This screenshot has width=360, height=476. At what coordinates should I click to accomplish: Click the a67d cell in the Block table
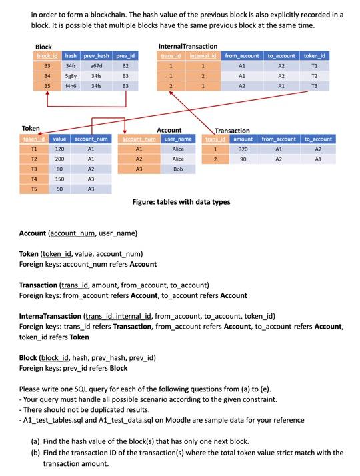96,67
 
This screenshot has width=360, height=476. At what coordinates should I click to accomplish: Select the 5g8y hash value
71,77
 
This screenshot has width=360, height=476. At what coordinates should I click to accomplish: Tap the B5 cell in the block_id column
47,86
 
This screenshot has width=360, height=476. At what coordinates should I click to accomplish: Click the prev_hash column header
96,56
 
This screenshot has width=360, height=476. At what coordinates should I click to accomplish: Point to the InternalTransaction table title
187,46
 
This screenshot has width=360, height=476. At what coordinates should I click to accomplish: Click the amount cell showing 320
243,149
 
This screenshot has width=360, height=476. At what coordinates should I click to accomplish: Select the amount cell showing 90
243,159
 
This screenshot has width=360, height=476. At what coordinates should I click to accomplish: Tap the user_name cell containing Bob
178,169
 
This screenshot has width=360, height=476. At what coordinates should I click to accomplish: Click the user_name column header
178,139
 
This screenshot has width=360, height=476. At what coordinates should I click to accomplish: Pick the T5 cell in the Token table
33,189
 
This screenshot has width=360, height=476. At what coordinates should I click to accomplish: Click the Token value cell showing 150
59,179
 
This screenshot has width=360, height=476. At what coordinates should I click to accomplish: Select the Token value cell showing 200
59,159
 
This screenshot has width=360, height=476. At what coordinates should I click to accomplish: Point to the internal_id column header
203,56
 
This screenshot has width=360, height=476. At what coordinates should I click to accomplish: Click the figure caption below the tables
181,201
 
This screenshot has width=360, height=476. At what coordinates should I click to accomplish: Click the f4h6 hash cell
71,86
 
